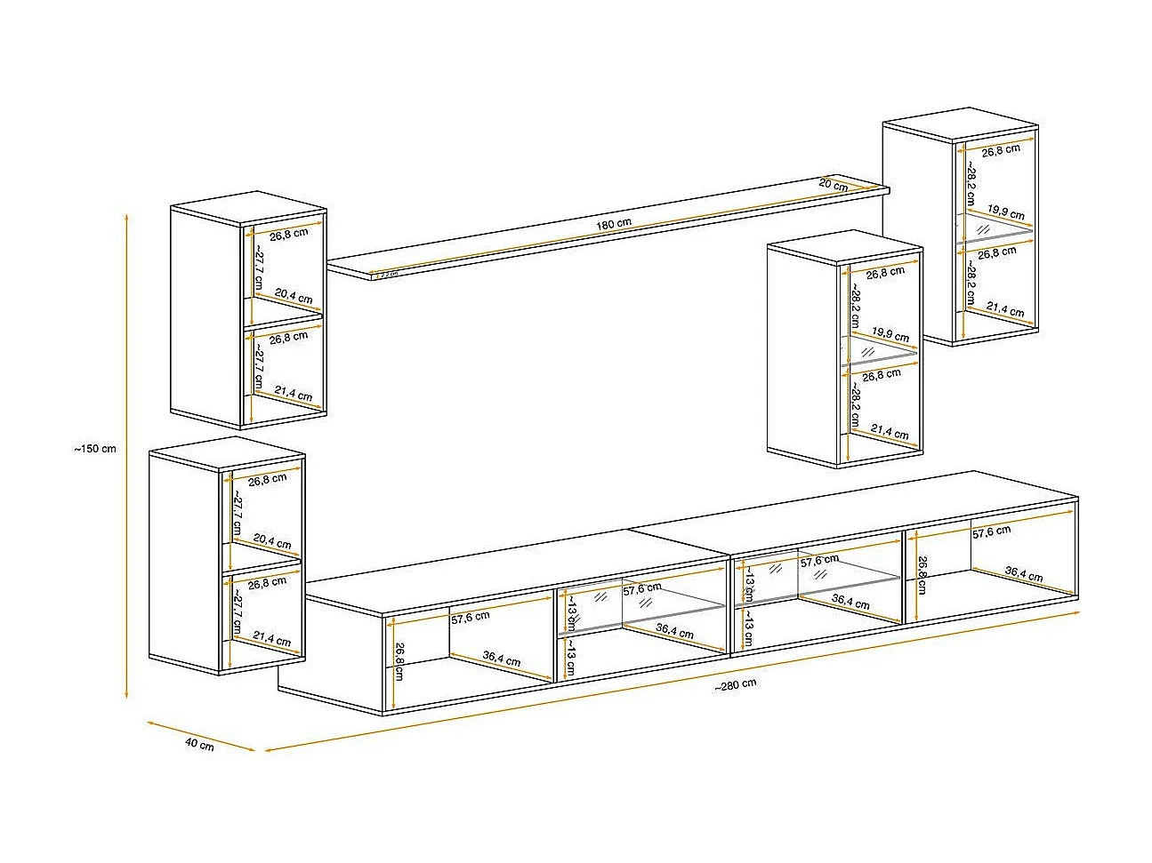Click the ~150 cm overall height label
coord(95,449)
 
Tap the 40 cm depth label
coord(199,745)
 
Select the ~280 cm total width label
coord(735,684)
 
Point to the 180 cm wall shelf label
coord(614,224)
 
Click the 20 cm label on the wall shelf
coord(833,186)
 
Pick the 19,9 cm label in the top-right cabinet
coord(1005,213)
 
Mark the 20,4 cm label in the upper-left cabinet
coord(293,298)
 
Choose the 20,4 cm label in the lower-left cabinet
coord(271,541)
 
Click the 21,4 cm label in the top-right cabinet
coord(1005,309)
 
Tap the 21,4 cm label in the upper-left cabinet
coord(293,394)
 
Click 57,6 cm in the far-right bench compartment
coord(991,532)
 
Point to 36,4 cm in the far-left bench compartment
coord(502,659)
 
